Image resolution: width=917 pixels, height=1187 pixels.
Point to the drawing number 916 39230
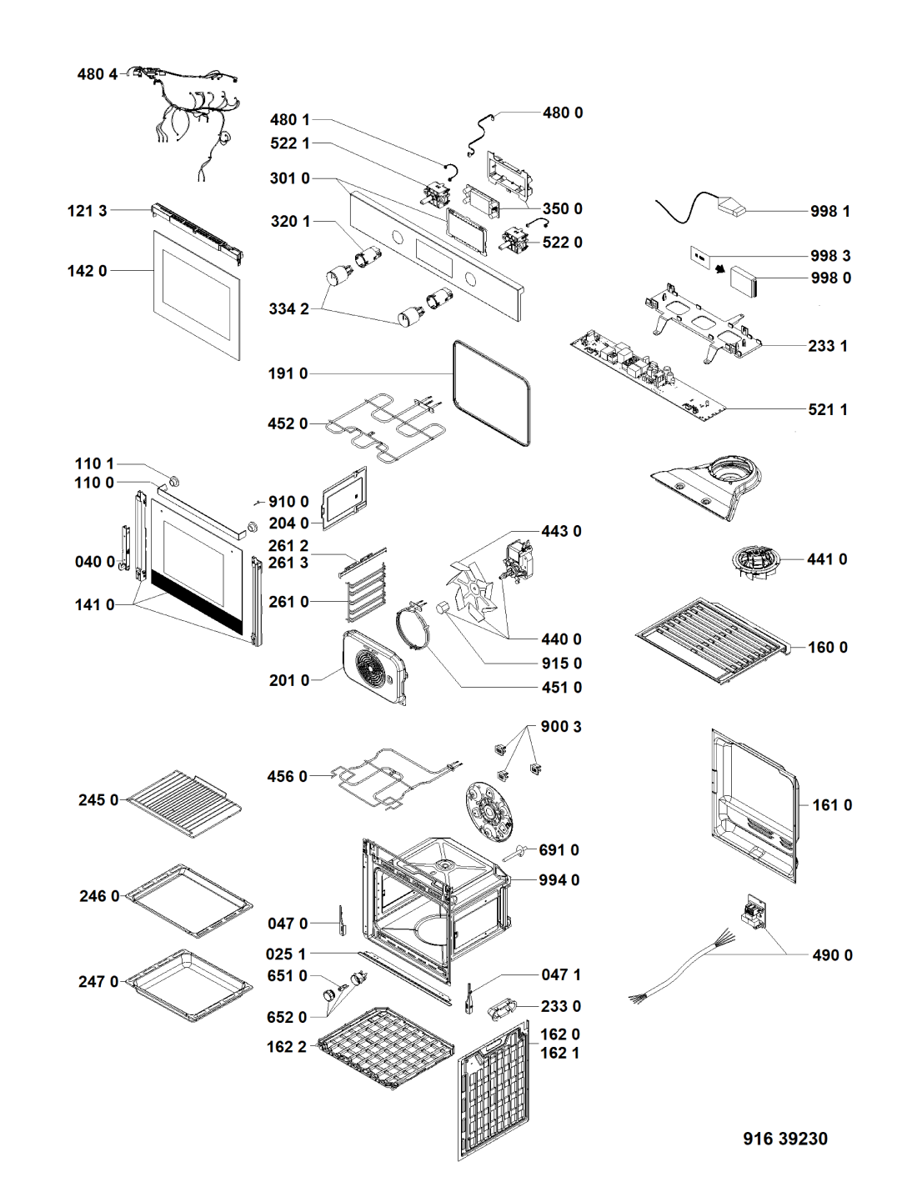pyautogui.click(x=785, y=1139)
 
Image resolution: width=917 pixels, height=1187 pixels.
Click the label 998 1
pyautogui.click(x=830, y=212)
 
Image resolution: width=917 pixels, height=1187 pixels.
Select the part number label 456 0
pyautogui.click(x=287, y=777)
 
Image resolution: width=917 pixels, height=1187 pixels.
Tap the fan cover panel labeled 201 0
pyautogui.click(x=375, y=667)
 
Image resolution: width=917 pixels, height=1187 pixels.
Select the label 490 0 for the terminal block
pyautogui.click(x=832, y=955)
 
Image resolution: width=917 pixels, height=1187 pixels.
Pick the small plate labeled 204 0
pyautogui.click(x=344, y=498)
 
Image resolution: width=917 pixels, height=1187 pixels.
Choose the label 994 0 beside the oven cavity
pyautogui.click(x=559, y=880)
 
